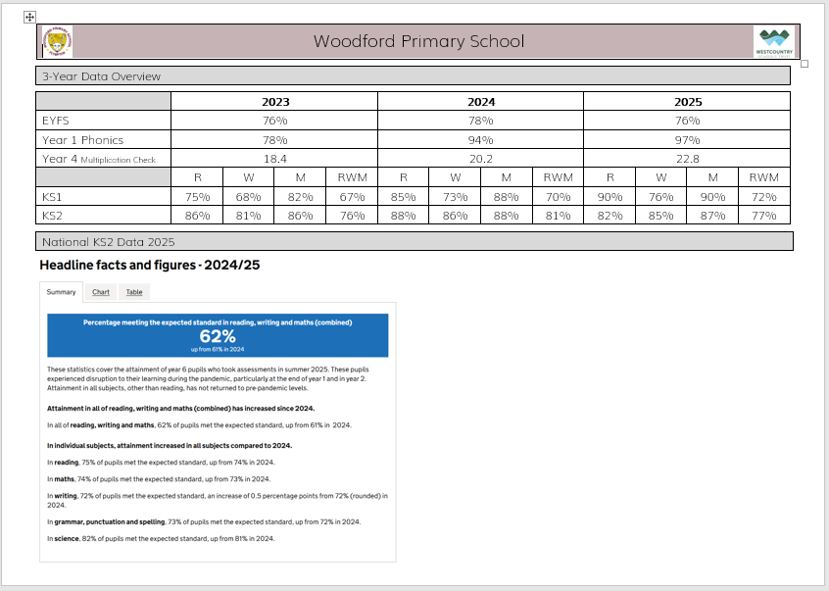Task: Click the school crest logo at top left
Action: tap(57, 42)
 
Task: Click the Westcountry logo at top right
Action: tap(775, 42)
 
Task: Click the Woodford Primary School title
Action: tap(418, 41)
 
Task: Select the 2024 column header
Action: tap(480, 101)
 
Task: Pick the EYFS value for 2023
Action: tap(274, 121)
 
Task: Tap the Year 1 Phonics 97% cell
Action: tap(687, 139)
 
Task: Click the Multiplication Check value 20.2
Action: tap(480, 158)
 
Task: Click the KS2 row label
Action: tap(53, 214)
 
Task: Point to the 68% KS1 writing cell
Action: tap(249, 195)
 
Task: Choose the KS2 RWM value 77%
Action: tap(763, 214)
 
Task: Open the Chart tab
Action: tap(101, 292)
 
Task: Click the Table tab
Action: tap(133, 292)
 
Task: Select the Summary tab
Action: tap(61, 292)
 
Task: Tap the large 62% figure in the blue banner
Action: tap(218, 335)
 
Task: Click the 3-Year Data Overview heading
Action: tap(101, 75)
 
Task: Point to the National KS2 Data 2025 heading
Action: tap(108, 240)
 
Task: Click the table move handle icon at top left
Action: tap(29, 18)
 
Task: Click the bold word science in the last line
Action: tap(65, 538)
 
